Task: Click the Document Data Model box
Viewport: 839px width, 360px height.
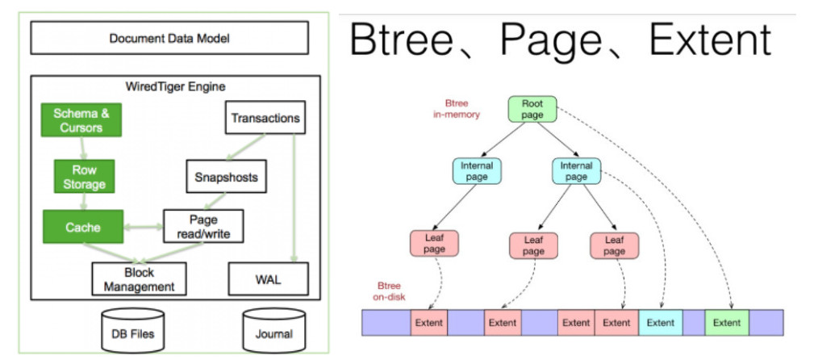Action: click(169, 38)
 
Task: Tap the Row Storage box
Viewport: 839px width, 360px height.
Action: click(85, 178)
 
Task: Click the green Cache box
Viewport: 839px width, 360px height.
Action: click(83, 228)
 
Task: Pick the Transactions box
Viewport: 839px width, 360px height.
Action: click(265, 119)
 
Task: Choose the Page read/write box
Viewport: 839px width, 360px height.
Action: click(202, 228)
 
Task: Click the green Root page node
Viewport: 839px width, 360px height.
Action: click(532, 109)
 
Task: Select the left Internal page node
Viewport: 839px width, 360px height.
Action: click(477, 171)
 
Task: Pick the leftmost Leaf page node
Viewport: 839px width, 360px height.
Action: click(435, 245)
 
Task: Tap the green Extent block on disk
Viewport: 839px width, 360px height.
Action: click(726, 322)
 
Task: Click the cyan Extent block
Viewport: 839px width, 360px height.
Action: click(660, 322)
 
